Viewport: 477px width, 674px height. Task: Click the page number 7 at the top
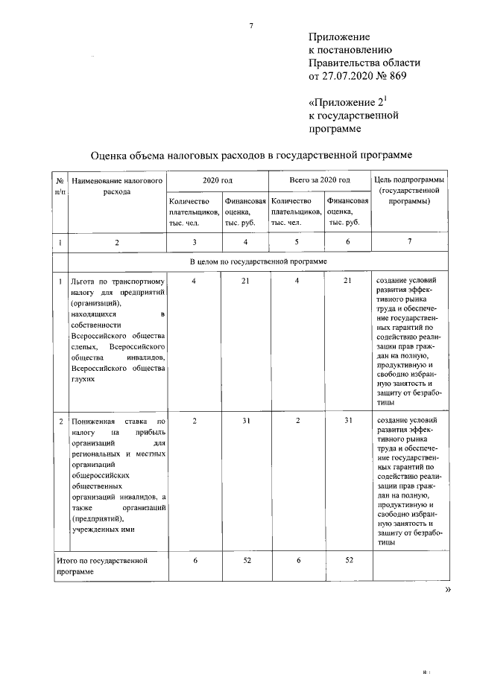click(x=251, y=26)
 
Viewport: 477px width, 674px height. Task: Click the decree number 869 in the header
click(x=396, y=76)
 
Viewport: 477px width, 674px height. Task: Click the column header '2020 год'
click(x=218, y=180)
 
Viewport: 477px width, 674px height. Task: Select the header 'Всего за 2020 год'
click(x=320, y=180)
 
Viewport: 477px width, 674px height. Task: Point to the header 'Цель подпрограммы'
click(x=408, y=180)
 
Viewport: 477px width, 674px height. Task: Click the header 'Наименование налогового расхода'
click(x=118, y=185)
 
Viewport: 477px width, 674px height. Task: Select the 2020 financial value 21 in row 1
click(x=245, y=281)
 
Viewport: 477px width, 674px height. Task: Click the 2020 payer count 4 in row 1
click(x=194, y=281)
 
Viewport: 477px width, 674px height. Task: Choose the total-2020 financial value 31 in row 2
click(x=347, y=421)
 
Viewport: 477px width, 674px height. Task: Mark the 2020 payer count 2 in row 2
click(x=194, y=421)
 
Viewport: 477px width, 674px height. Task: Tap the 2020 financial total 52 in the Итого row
click(x=245, y=559)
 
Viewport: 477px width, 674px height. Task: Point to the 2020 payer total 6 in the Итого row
click(x=194, y=559)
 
